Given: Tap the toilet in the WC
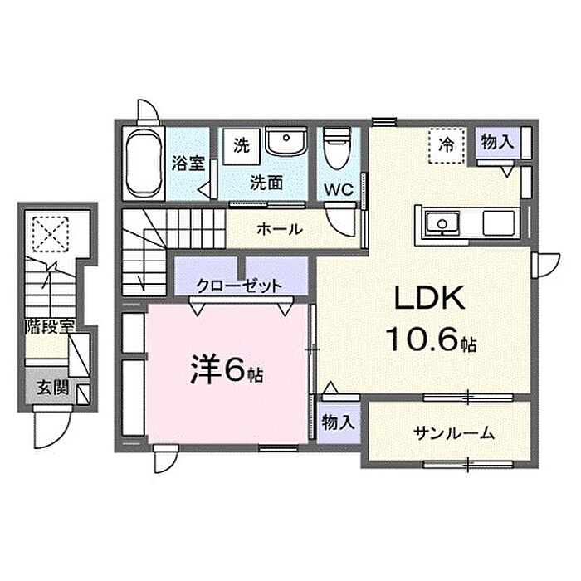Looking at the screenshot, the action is pos(336,148).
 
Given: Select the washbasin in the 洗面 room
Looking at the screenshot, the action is pos(286,141).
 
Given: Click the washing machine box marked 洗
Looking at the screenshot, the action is pos(242,146).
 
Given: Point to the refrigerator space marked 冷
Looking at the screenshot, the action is pos(447,145).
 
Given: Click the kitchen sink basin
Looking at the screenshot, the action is pos(442,223).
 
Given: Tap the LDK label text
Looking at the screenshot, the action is pos(429,297).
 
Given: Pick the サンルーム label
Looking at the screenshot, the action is pos(453,432).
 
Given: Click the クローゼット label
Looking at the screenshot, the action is pos(239,286).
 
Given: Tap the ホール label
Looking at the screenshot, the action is pos(280,229).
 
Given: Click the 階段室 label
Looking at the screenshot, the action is pos(51,326).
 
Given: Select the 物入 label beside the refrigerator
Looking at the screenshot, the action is pos(497,142).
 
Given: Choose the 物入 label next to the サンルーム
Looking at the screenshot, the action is pos(338,422).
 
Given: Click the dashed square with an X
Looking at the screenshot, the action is pos(51,234).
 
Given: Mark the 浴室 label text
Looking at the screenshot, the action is pos(188,163).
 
